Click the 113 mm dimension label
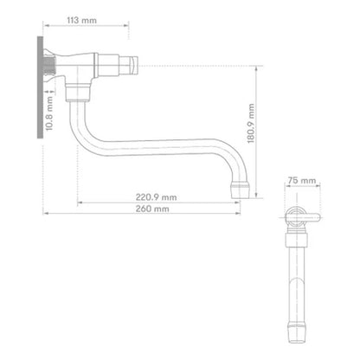81,21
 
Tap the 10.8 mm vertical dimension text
49,113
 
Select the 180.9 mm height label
251,124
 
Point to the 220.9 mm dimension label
156,197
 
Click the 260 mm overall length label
152,209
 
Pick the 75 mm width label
302,181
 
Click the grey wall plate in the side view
40,87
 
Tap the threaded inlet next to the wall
49,66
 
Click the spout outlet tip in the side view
240,190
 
